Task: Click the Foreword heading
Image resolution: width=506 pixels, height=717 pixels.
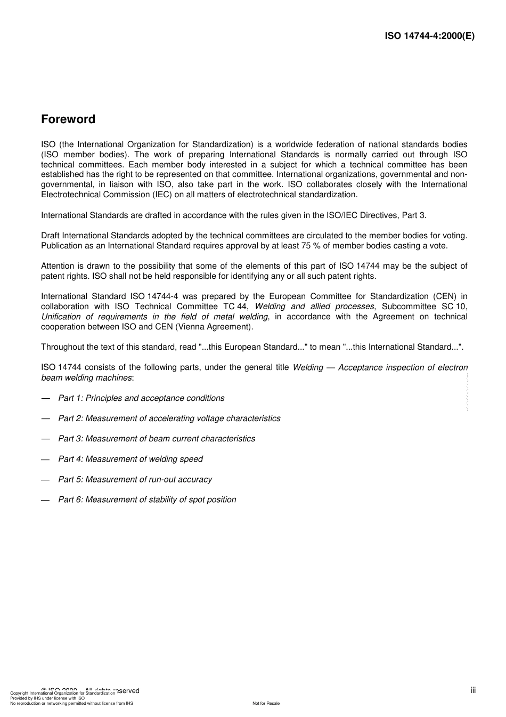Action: pyautogui.click(x=68, y=119)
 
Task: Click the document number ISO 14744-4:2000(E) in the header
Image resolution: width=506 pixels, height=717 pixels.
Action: pyautogui.click(x=429, y=36)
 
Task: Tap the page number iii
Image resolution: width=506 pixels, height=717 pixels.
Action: pyautogui.click(x=473, y=690)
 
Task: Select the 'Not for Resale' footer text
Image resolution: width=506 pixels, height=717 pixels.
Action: pyautogui.click(x=266, y=703)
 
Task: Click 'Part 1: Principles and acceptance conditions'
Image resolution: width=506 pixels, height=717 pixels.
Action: pyautogui.click(x=141, y=398)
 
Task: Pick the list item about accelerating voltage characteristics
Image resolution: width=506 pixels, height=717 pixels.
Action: pyautogui.click(x=169, y=418)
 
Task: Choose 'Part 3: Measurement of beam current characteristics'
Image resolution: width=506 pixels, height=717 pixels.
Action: pyautogui.click(x=157, y=439)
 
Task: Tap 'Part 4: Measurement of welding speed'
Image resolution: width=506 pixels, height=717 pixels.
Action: pyautogui.click(x=130, y=459)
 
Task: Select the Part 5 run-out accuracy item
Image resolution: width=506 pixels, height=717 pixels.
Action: pyautogui.click(x=135, y=479)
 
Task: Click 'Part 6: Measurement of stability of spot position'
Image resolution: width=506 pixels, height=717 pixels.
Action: pyautogui.click(x=147, y=500)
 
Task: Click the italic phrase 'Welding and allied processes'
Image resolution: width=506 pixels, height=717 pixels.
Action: pyautogui.click(x=314, y=307)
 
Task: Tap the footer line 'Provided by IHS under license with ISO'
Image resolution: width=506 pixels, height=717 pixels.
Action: pyautogui.click(x=47, y=698)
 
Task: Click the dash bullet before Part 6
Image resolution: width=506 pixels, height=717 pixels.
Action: pyautogui.click(x=45, y=500)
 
